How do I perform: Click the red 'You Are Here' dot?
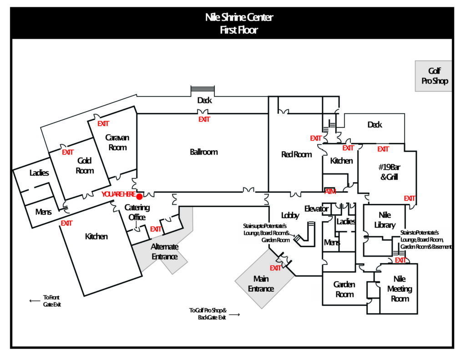click(x=140, y=197)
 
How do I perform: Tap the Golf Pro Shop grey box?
click(x=433, y=76)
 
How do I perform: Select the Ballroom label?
click(x=203, y=152)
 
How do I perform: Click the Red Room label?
click(x=296, y=155)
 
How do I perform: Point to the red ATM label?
click(x=330, y=191)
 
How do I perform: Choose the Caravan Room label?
click(x=117, y=142)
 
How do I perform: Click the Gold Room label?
click(x=85, y=166)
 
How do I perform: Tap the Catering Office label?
click(x=137, y=213)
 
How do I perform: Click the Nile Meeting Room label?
click(x=400, y=289)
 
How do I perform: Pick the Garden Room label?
click(x=344, y=289)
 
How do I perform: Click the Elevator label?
click(x=316, y=209)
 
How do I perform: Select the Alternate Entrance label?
click(x=165, y=252)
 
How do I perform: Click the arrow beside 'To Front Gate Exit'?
click(x=34, y=300)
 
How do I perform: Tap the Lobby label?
click(x=290, y=216)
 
